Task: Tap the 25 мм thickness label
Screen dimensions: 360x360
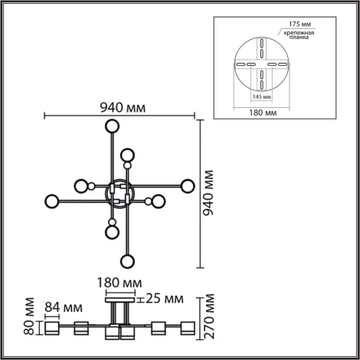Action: (x=164, y=298)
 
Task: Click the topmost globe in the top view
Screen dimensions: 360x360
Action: (x=113, y=127)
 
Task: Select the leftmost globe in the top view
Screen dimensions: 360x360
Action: (x=52, y=202)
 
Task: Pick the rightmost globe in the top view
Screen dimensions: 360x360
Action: (x=187, y=185)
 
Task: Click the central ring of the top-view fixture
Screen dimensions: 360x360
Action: (x=119, y=194)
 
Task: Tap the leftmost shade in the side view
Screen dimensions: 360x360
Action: (x=52, y=329)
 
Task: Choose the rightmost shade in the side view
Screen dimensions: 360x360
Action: (x=186, y=329)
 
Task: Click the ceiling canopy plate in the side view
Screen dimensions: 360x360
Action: (x=119, y=295)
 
